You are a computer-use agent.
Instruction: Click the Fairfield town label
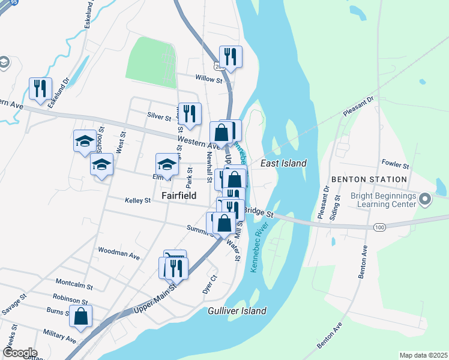point(179,196)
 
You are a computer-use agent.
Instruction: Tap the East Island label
point(283,163)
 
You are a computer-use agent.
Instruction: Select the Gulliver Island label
point(237,311)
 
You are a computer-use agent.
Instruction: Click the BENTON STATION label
point(369,179)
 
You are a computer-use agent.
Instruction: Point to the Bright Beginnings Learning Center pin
point(426,199)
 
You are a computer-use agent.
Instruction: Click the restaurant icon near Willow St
point(231,57)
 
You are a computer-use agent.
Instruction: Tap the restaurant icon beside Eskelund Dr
point(40,88)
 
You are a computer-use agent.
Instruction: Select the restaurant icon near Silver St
point(190,113)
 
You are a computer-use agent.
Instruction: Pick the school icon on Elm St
point(167,164)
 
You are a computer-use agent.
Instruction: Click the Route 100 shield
point(379,227)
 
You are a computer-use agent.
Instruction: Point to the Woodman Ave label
point(118,253)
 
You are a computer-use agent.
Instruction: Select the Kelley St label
point(137,200)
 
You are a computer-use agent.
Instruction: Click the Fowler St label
point(395,164)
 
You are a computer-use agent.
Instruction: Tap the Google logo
point(20,353)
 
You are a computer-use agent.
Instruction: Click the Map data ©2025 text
point(423,355)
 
